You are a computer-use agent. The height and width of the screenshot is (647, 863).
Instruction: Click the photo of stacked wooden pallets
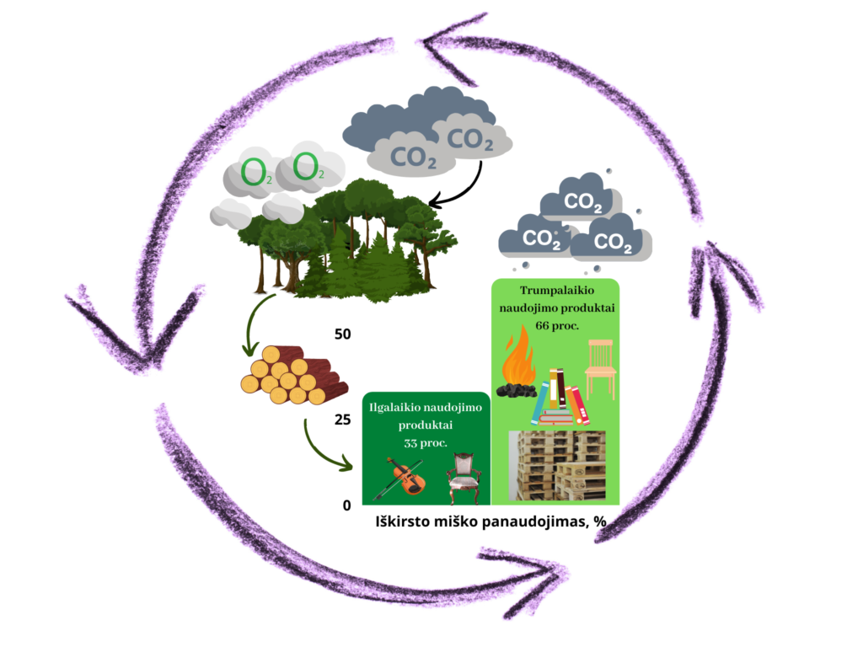[x=557, y=466]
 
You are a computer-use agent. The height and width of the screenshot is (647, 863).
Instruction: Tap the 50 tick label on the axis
[x=342, y=334]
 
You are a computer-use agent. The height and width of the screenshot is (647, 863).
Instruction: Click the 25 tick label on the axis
[x=342, y=420]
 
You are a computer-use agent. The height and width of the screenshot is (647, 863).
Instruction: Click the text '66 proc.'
[x=555, y=325]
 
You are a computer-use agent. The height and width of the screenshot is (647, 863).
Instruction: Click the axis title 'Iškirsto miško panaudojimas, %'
[x=491, y=521]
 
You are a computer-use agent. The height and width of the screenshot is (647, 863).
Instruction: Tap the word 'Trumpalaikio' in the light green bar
[x=555, y=291]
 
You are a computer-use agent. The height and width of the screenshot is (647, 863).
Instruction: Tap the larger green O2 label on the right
[x=308, y=168]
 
